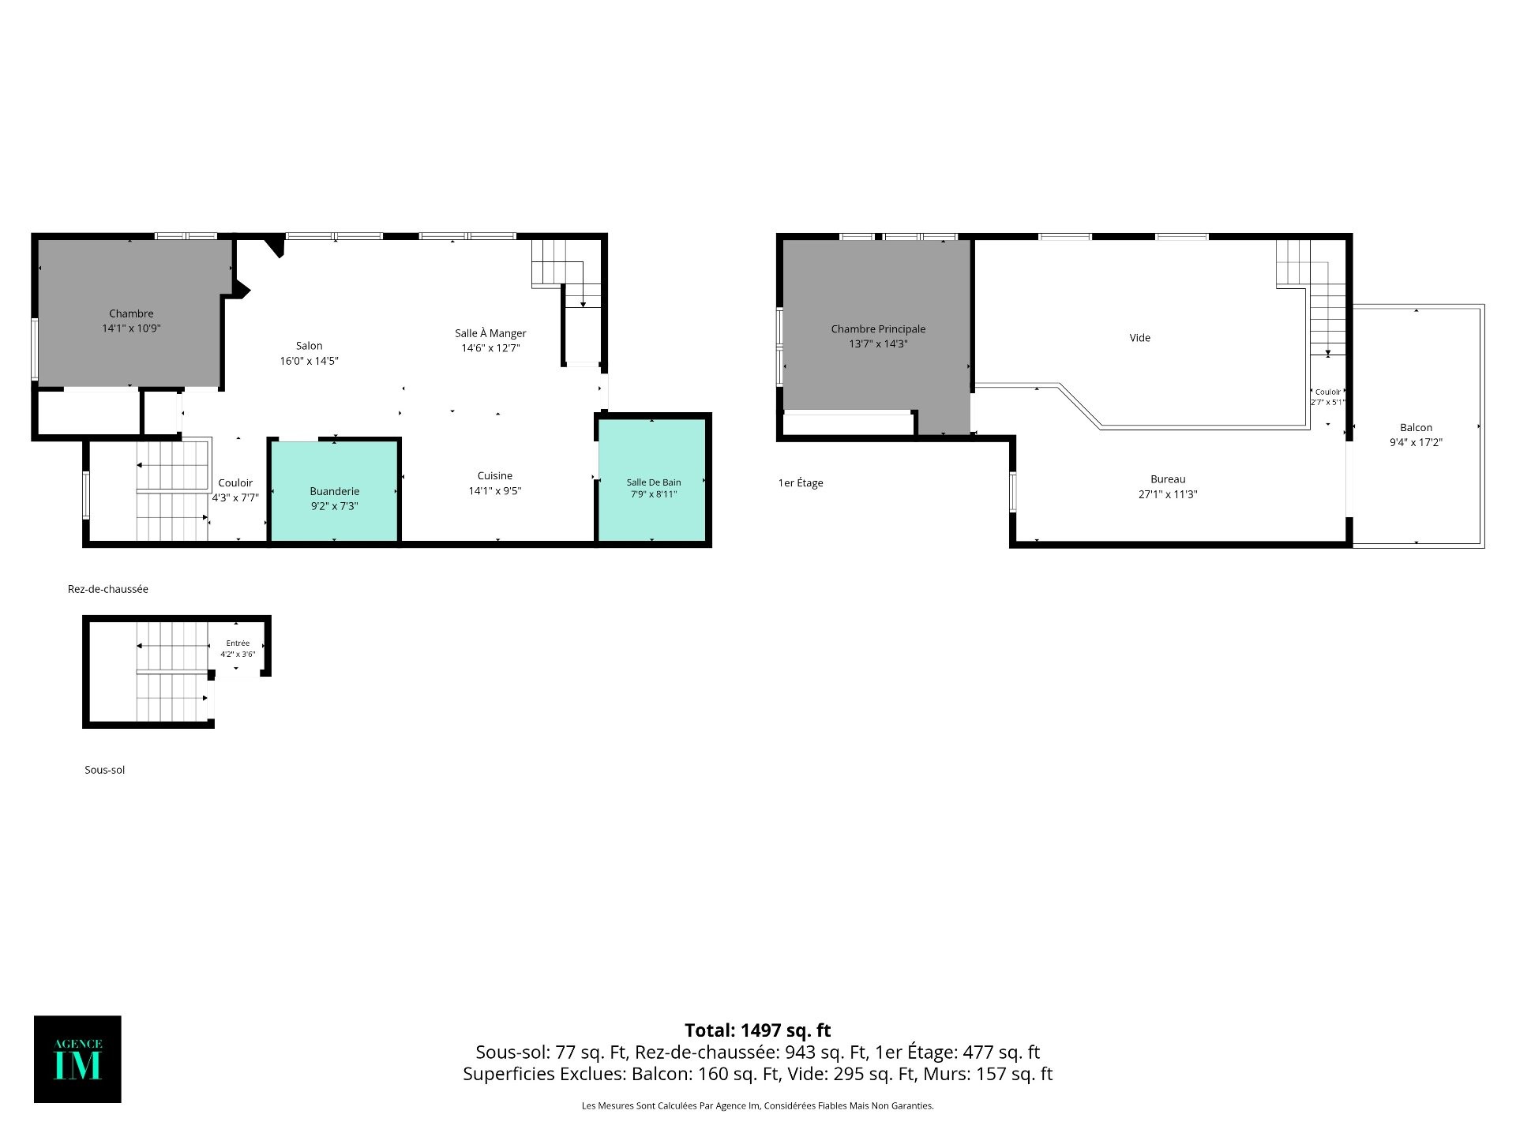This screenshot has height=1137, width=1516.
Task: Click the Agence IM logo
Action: pyautogui.click(x=77, y=1059)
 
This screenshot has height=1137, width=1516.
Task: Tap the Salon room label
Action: pyautogui.click(x=310, y=346)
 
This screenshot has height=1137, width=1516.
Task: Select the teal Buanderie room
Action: pyautogui.click(x=334, y=491)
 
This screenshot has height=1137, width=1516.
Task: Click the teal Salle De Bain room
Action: pyautogui.click(x=652, y=480)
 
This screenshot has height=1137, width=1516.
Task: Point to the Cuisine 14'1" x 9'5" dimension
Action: pyautogui.click(x=495, y=491)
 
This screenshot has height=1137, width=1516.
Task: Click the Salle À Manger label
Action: pyautogui.click(x=490, y=333)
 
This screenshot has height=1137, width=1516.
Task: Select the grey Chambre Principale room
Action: pyautogui.click(x=876, y=336)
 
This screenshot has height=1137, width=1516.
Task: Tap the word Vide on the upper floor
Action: pyautogui.click(x=1139, y=338)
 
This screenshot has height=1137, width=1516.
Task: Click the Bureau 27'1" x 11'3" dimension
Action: pyautogui.click(x=1168, y=495)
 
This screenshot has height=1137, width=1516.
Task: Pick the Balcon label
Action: pyautogui.click(x=1417, y=428)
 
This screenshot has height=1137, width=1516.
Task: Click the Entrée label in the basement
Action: pyautogui.click(x=238, y=644)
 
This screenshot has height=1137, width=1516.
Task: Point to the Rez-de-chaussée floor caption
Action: pyautogui.click(x=108, y=589)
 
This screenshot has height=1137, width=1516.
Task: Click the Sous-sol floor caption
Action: pyautogui.click(x=105, y=770)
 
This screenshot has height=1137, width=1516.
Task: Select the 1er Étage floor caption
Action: pyautogui.click(x=801, y=483)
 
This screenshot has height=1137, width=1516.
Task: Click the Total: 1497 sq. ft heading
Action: pyautogui.click(x=758, y=1030)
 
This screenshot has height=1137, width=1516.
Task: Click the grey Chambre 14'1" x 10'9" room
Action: pyautogui.click(x=132, y=313)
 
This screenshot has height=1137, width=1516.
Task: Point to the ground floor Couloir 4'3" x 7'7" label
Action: pyautogui.click(x=235, y=490)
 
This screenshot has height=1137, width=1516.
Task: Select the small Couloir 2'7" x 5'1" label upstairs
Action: pyautogui.click(x=1328, y=397)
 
